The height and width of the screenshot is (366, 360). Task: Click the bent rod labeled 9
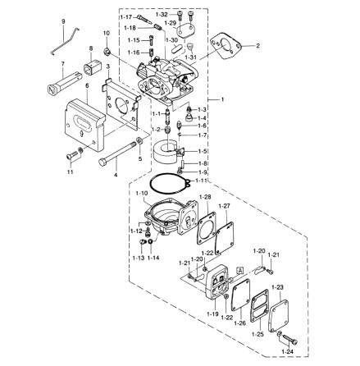click(65, 41)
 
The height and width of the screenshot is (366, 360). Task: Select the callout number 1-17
click(126, 17)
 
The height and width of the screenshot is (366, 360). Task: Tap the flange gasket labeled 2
click(226, 46)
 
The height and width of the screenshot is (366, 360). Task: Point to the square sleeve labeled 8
click(93, 66)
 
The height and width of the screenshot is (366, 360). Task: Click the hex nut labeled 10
click(107, 51)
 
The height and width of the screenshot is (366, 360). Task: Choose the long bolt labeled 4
click(118, 152)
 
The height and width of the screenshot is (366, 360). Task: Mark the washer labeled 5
click(139, 141)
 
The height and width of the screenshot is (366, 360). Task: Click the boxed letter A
click(240, 270)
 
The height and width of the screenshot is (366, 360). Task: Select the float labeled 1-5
click(166, 153)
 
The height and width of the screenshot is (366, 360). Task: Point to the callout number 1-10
click(142, 194)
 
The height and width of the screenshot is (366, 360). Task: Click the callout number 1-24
click(287, 352)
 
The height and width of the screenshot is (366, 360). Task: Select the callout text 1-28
click(206, 197)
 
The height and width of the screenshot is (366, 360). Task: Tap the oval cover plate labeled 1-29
click(186, 30)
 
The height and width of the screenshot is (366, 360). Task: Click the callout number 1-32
click(162, 14)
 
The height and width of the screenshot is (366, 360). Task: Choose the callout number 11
click(71, 172)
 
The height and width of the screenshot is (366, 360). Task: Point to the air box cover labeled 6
click(84, 125)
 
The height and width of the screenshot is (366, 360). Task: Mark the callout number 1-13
click(139, 258)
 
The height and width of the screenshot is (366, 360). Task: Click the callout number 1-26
click(240, 323)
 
